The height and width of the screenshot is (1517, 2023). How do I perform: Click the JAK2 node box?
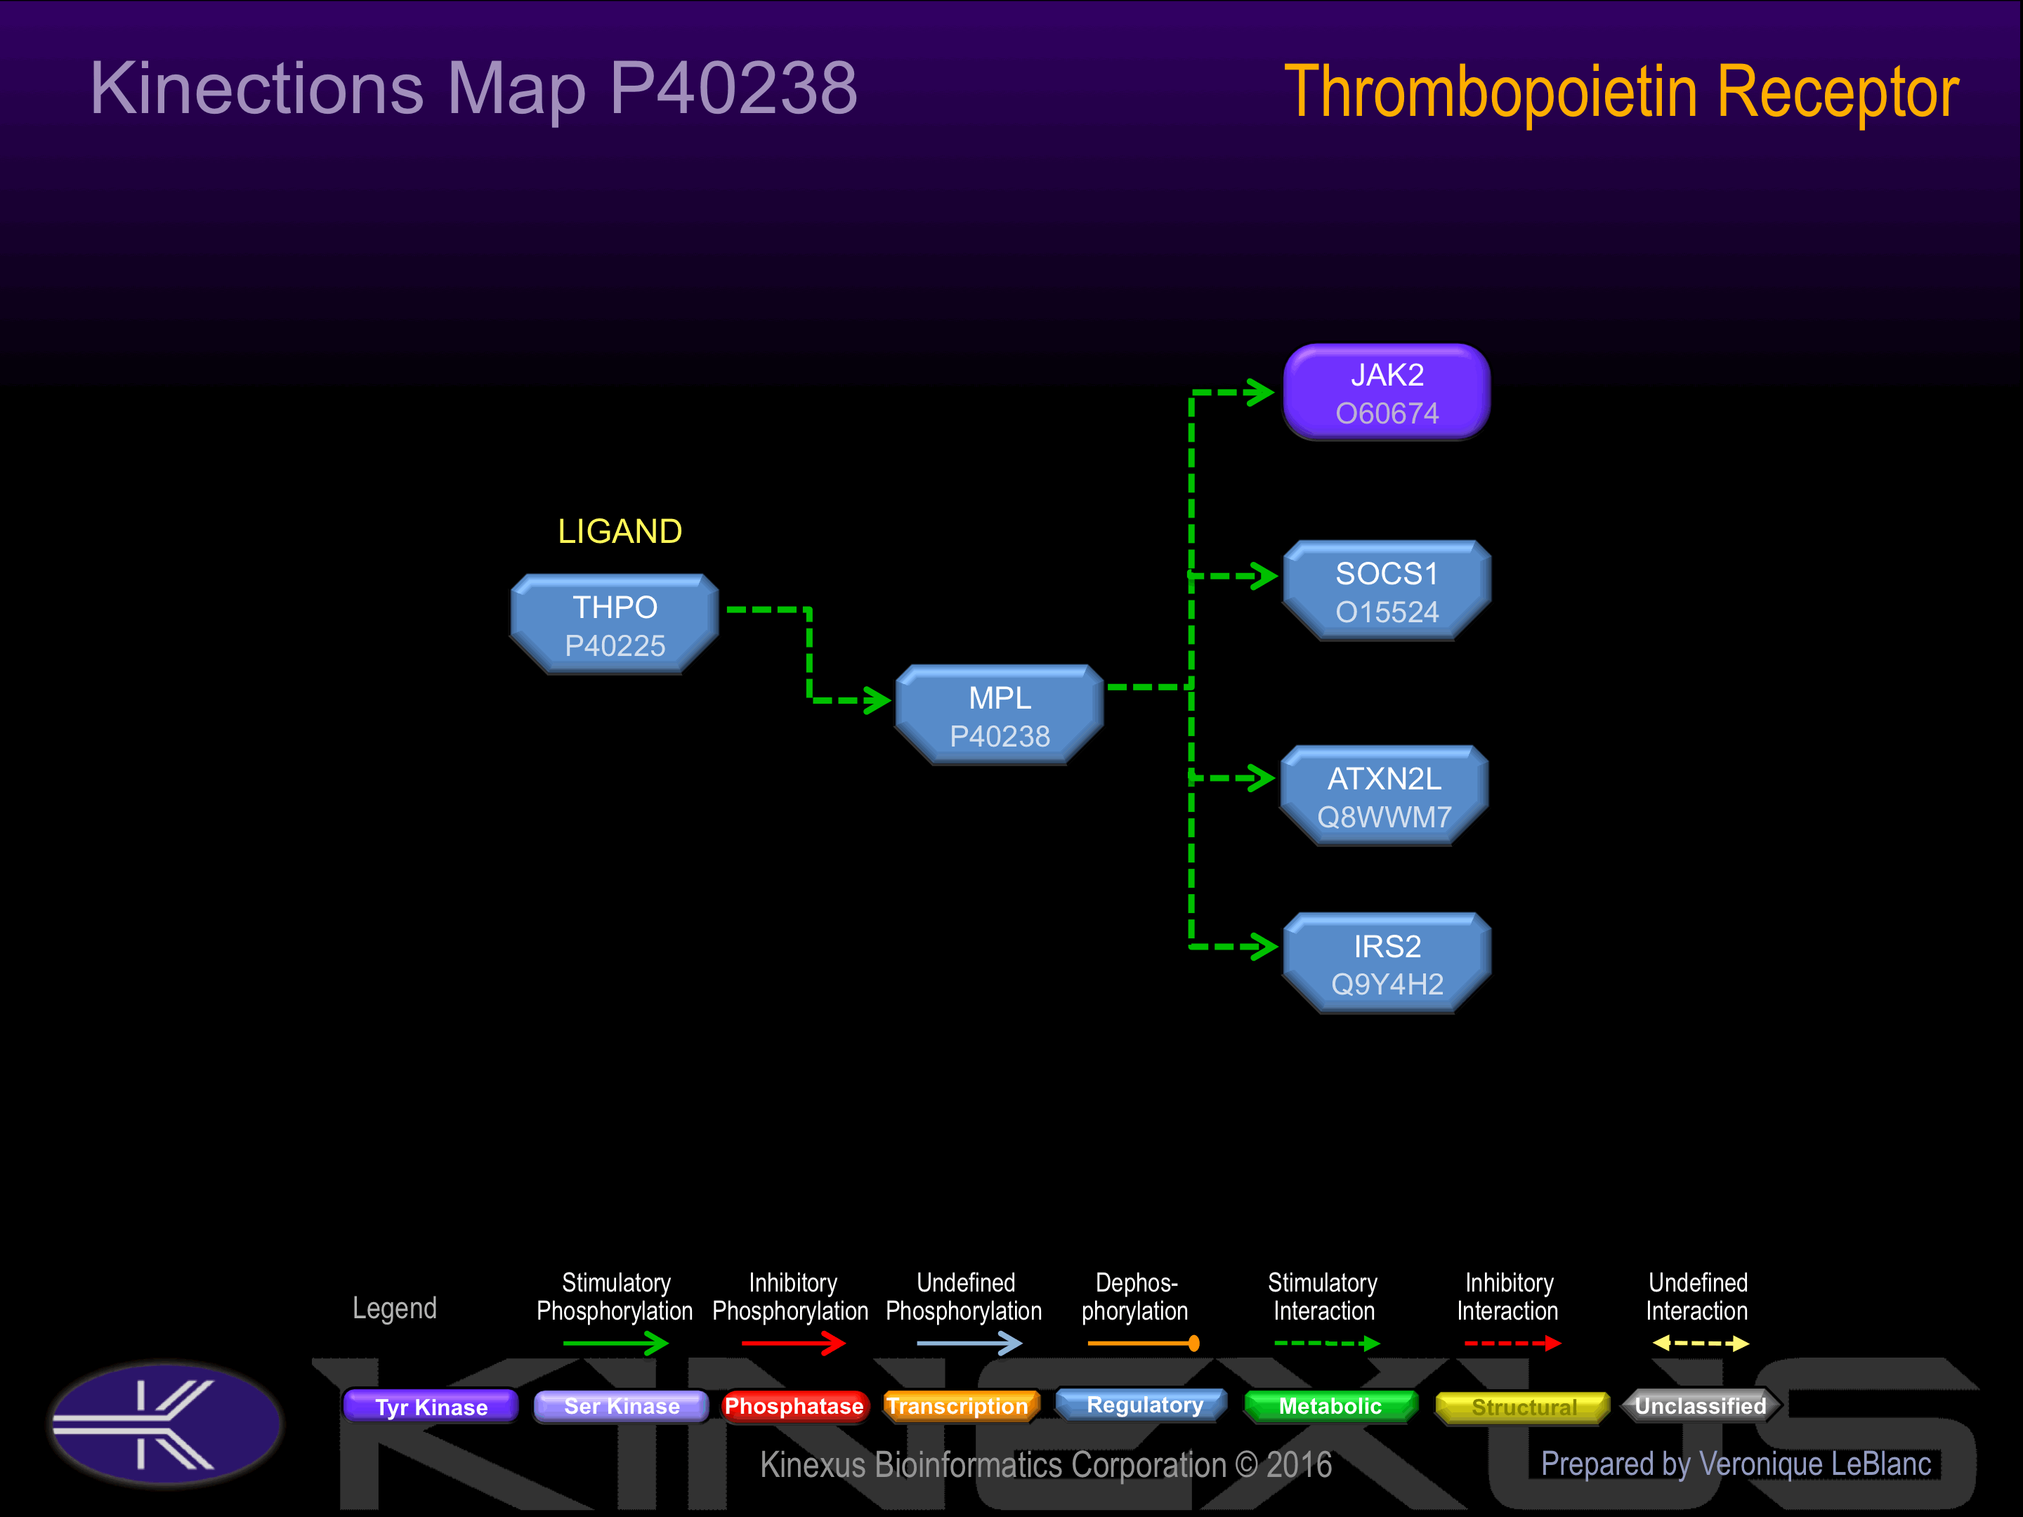pyautogui.click(x=1387, y=393)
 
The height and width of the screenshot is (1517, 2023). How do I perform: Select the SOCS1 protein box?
pyautogui.click(x=1387, y=591)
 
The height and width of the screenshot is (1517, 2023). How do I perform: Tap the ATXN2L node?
pyautogui.click(x=1384, y=796)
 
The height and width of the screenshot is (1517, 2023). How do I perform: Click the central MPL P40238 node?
pyautogui.click(x=1000, y=715)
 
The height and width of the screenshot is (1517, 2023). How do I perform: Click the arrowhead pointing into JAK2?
pyautogui.click(x=1262, y=393)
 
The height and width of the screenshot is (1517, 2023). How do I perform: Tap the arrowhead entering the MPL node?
pyautogui.click(x=879, y=700)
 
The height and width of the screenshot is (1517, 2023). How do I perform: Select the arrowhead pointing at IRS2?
pyautogui.click(x=1266, y=947)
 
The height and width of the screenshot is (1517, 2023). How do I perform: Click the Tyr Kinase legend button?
pyautogui.click(x=431, y=1406)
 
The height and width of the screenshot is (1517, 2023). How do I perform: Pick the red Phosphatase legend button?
pyautogui.click(x=793, y=1406)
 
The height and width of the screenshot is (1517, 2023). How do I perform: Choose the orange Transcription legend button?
pyautogui.click(x=957, y=1406)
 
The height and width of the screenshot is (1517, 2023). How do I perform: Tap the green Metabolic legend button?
pyautogui.click(x=1330, y=1406)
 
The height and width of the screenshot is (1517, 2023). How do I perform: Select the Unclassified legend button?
pyautogui.click(x=1700, y=1406)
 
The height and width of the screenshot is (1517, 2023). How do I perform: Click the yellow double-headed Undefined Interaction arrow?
pyautogui.click(x=1700, y=1344)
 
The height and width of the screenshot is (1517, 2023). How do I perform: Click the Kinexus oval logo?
pyautogui.click(x=166, y=1424)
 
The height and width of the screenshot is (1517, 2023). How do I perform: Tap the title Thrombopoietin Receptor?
pyautogui.click(x=1621, y=93)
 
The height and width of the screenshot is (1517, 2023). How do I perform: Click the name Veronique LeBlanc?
pyautogui.click(x=1814, y=1464)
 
